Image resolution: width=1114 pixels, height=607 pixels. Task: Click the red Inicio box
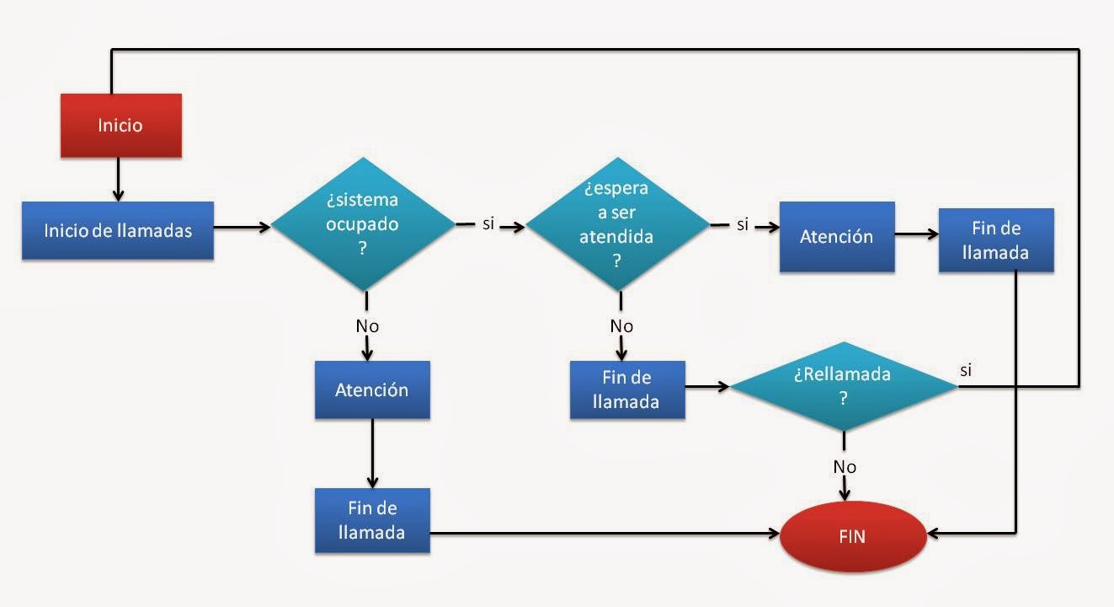(120, 126)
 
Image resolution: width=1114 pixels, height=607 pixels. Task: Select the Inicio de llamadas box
(118, 230)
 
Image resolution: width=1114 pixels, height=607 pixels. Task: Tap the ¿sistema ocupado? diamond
(362, 226)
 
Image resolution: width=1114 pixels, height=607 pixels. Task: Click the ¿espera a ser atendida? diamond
(617, 225)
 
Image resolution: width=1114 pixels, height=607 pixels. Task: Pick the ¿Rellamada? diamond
(843, 386)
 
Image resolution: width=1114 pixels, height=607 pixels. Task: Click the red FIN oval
(852, 536)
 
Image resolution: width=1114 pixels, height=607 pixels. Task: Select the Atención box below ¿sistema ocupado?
(372, 389)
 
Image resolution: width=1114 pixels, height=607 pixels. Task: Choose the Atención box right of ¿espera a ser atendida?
(836, 237)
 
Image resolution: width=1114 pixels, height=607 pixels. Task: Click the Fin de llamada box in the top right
(995, 240)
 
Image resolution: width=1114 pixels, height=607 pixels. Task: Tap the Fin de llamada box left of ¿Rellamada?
(626, 389)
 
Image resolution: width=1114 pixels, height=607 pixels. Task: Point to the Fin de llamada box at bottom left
(372, 520)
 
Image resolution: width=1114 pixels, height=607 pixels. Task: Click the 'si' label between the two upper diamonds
(488, 225)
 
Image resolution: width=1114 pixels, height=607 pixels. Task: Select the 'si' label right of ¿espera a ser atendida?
(743, 225)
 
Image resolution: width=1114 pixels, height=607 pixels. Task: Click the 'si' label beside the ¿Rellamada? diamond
(967, 370)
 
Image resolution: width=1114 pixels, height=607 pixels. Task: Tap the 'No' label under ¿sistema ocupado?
(366, 326)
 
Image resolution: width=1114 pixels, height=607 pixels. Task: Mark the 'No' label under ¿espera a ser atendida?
(621, 326)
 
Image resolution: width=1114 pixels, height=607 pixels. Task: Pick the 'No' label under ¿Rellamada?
(845, 466)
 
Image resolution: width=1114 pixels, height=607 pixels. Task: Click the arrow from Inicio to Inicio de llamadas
(118, 180)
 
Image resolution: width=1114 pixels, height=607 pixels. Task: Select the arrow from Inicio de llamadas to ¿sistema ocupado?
(242, 226)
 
